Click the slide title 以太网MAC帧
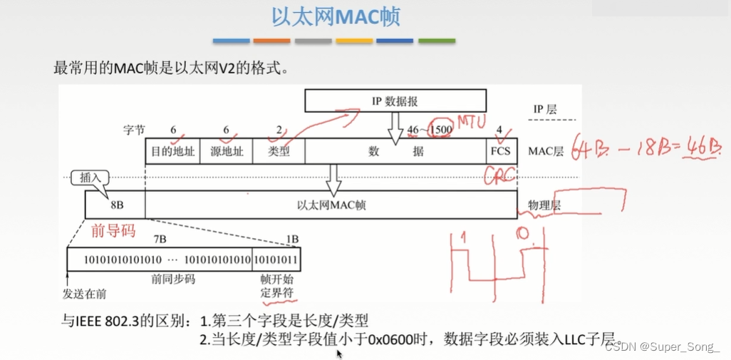335,18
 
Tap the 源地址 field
226,152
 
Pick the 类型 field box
279,152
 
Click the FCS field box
501,152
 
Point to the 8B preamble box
115,205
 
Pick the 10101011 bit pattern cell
275,259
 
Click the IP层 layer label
545,110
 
